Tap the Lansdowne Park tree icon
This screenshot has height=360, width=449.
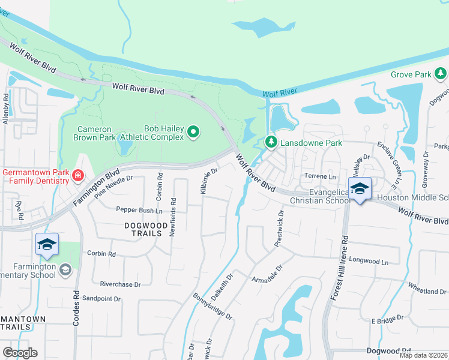pos(271,142)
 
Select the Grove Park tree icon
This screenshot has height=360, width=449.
pos(441,74)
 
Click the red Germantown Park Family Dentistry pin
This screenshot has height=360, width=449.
pos(77,176)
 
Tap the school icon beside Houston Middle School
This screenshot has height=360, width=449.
pos(360,189)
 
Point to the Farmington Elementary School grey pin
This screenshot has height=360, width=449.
pos(65,271)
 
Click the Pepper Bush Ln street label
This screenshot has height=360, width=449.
pos(139,211)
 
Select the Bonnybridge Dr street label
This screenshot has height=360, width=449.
pos(212,306)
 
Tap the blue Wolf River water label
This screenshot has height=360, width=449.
pos(280,92)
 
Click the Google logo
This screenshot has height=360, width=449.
pos(20,353)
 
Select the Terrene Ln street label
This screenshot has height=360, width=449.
pos(321,177)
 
